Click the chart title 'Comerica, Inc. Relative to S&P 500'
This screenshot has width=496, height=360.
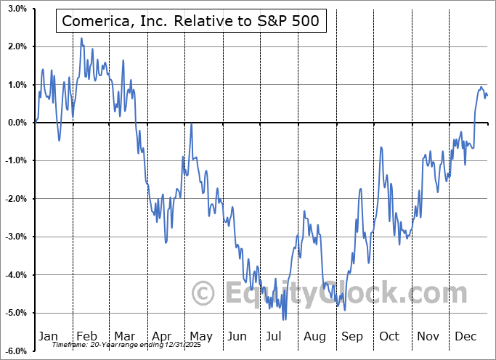(x=190, y=22)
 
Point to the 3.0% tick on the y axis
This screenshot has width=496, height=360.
(x=17, y=9)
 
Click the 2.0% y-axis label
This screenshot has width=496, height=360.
(x=17, y=46)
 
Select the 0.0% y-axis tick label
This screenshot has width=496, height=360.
(x=17, y=123)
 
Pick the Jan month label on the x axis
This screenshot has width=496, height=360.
(x=47, y=336)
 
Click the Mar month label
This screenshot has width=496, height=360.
(x=124, y=336)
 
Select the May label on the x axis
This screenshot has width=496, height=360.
(x=200, y=336)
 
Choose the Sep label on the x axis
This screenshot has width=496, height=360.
(x=353, y=336)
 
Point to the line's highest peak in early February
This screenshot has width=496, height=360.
(x=81, y=38)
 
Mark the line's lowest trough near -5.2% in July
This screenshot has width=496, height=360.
(x=284, y=319)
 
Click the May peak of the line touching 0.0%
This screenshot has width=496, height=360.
(x=191, y=124)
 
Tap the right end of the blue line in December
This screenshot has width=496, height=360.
(x=487, y=96)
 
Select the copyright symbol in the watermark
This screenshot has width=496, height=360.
(x=203, y=293)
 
